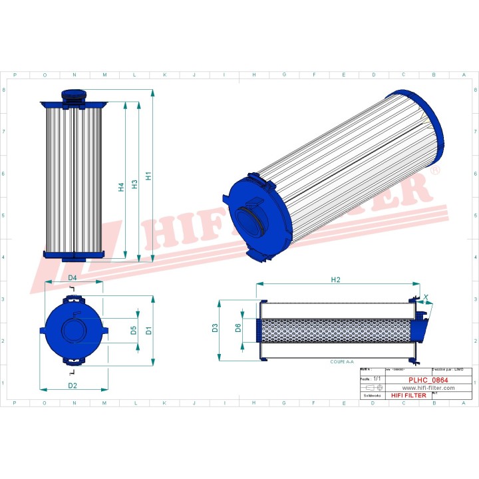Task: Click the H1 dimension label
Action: [x=149, y=176]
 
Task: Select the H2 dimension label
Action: [x=336, y=279]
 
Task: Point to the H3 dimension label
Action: [x=135, y=184]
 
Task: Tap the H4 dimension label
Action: [x=121, y=188]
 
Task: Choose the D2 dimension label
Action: [x=73, y=385]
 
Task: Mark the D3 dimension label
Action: [x=215, y=327]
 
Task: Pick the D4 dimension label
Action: [x=73, y=277]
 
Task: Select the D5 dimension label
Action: [x=134, y=330]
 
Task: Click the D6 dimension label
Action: [x=238, y=327]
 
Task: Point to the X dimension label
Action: [x=426, y=298]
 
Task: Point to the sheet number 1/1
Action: [x=377, y=378]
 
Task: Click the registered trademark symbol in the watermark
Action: [x=435, y=172]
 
